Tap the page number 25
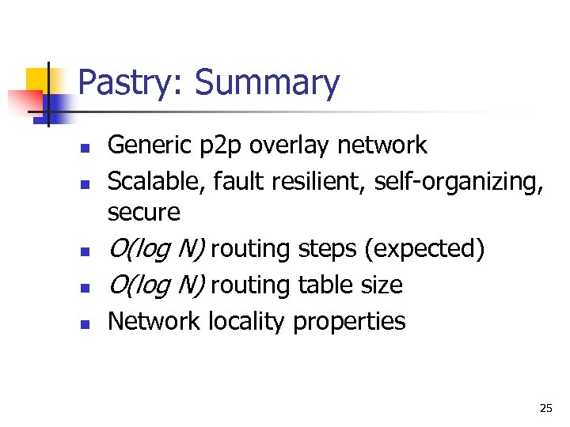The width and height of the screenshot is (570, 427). [545, 408]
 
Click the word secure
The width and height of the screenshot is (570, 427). [143, 212]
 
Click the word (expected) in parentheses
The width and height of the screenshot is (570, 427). [424, 249]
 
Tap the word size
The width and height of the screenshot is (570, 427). [381, 285]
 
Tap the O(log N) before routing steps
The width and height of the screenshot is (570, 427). [156, 249]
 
